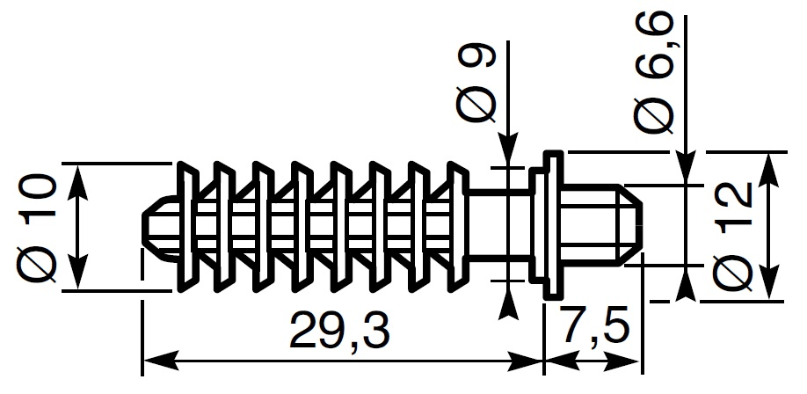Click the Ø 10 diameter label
coord(37,228)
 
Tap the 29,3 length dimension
coord(339,331)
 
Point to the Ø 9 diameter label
coord(476,82)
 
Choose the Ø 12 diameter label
coord(732,237)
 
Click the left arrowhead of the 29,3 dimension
coord(159,361)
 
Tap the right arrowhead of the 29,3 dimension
coord(526,361)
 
